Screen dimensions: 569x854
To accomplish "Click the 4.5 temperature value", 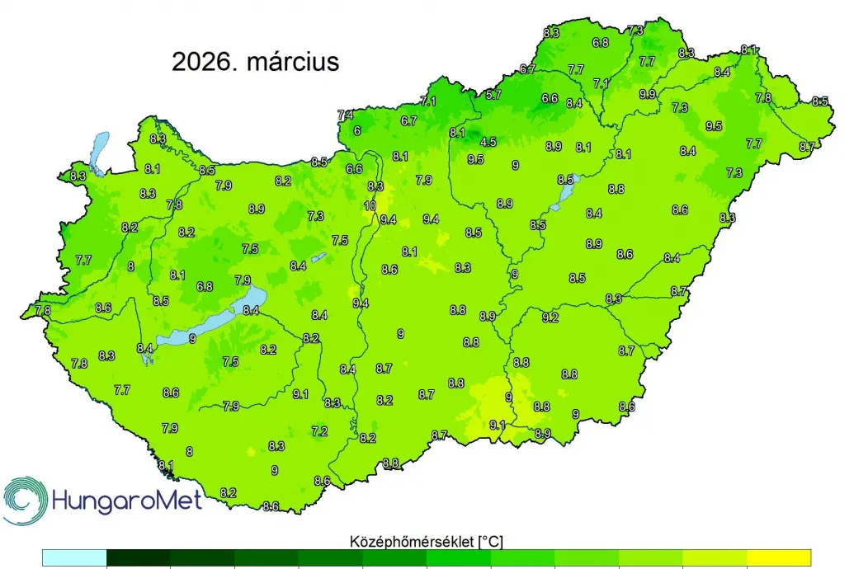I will tap(488, 142).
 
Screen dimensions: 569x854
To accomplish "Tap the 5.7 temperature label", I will tap(493, 95).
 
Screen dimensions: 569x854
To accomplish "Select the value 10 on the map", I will tap(370, 205).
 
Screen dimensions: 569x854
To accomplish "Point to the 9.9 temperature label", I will tap(647, 94).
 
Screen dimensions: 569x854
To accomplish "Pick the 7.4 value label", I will tap(346, 115).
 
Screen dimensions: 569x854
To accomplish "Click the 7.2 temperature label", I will tap(319, 431).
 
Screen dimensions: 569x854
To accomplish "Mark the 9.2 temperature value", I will tap(550, 317).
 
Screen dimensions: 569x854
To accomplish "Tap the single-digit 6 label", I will tap(357, 131).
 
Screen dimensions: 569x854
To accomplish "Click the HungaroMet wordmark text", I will tap(126, 500).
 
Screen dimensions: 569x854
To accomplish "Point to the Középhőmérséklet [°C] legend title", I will tap(427, 541).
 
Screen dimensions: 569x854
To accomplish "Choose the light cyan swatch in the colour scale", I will tap(75, 557).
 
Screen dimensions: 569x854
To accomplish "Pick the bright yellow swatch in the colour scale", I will tap(779, 557).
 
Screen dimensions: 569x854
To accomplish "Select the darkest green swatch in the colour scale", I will tap(139, 557).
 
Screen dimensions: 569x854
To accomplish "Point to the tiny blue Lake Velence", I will tap(318, 256).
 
